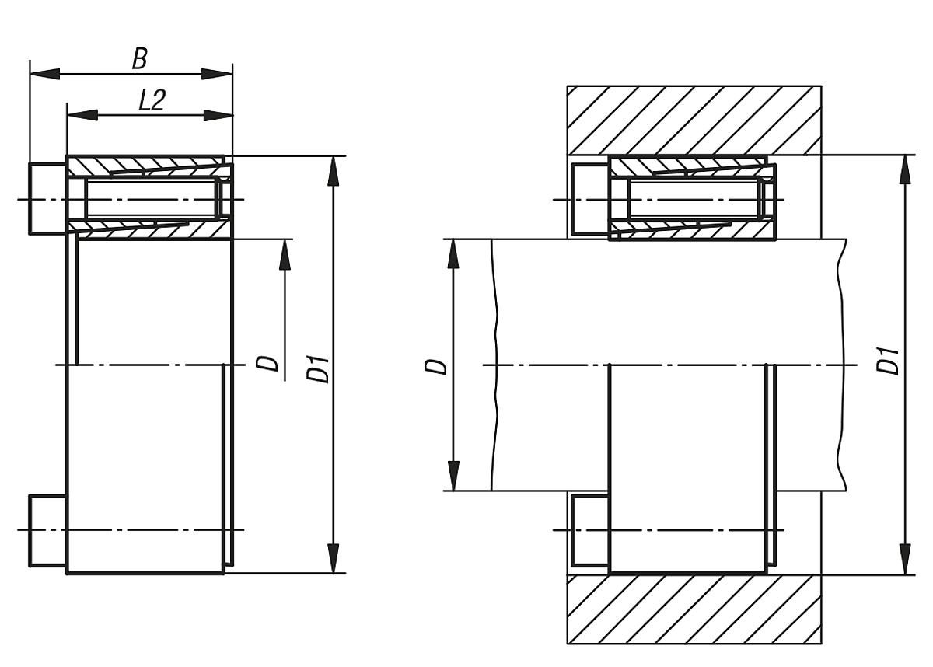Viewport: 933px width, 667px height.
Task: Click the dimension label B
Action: [x=139, y=58]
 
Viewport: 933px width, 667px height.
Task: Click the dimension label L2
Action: [x=152, y=100]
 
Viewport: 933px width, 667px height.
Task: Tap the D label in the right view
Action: [x=439, y=365]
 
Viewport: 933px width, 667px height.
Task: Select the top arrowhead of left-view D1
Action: [x=334, y=170]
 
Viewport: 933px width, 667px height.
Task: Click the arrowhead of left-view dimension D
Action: [x=285, y=254]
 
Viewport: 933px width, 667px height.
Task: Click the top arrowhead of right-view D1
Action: [x=907, y=169]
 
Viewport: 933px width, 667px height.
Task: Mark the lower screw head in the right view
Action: [x=589, y=530]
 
